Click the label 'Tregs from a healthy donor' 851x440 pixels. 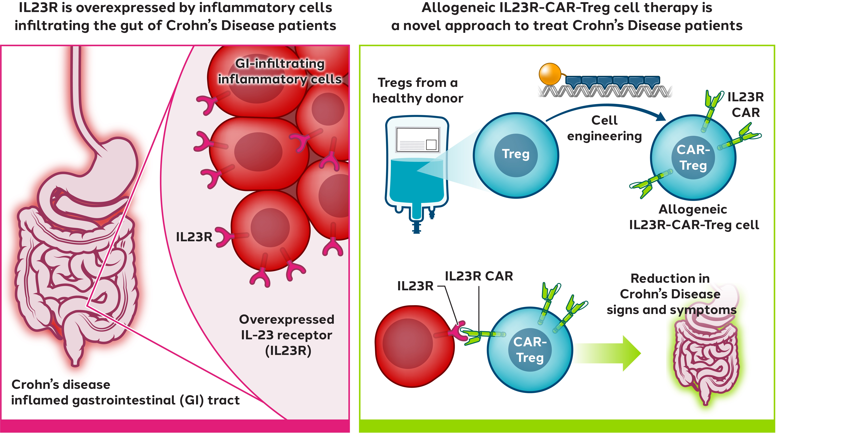pyautogui.click(x=418, y=90)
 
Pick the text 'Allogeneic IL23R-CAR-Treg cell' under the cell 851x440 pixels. pyautogui.click(x=694, y=217)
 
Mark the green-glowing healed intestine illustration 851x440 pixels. pyautogui.click(x=705, y=360)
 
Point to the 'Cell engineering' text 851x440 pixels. pyautogui.click(x=604, y=128)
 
